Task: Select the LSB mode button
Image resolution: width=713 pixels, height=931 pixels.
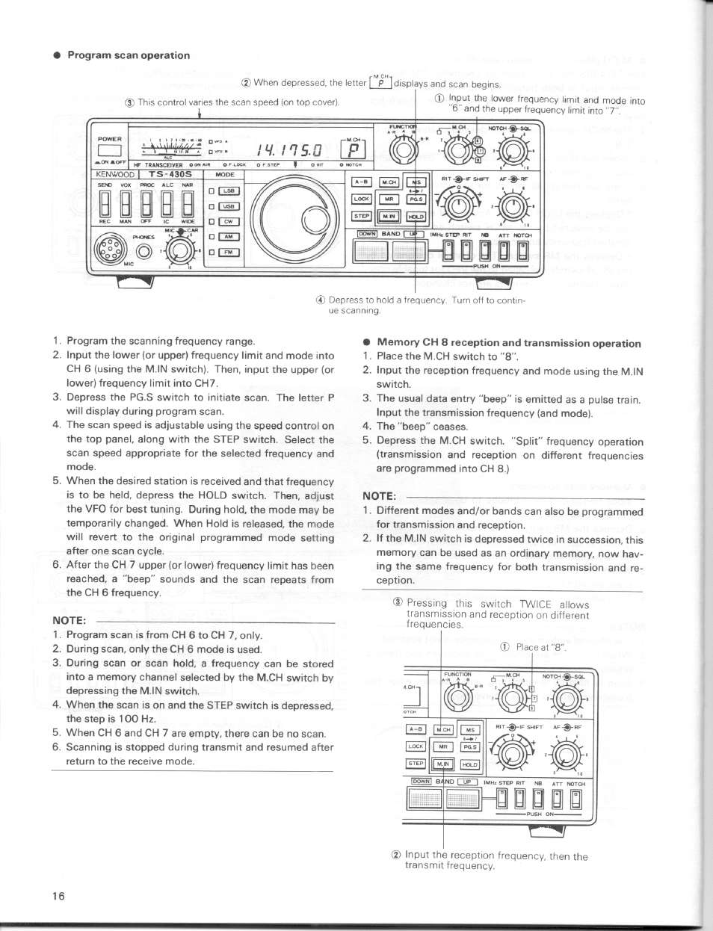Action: pyautogui.click(x=229, y=191)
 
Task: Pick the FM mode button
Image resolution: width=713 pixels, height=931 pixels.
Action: pyautogui.click(x=229, y=252)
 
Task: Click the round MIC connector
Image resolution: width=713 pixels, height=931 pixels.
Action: pyautogui.click(x=111, y=248)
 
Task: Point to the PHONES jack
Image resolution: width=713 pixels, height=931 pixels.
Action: pyautogui.click(x=143, y=250)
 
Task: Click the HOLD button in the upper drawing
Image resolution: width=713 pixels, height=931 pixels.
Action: pyautogui.click(x=416, y=217)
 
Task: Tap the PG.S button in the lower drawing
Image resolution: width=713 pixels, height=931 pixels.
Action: pyautogui.click(x=469, y=746)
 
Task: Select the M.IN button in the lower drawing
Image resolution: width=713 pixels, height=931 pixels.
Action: pyautogui.click(x=444, y=764)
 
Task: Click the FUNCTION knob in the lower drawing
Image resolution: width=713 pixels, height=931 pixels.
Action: pyautogui.click(x=457, y=699)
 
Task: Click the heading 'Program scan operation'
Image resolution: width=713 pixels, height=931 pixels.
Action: pyautogui.click(x=129, y=55)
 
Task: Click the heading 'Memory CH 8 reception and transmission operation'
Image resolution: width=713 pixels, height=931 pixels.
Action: pyautogui.click(x=508, y=344)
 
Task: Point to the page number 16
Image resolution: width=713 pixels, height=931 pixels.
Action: pyautogui.click(x=58, y=896)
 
